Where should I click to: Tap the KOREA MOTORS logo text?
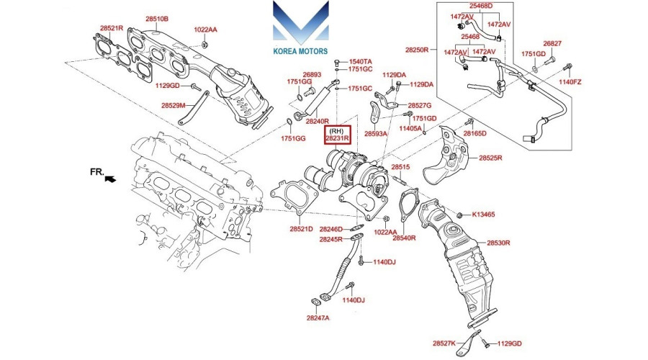300,52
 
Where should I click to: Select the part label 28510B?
157,18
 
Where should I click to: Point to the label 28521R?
112,28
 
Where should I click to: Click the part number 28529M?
173,105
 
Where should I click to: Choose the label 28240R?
317,122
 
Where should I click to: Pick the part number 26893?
311,74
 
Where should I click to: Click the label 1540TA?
361,62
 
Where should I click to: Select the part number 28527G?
420,105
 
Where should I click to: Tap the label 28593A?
376,134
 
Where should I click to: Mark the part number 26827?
552,44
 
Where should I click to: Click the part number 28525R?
490,158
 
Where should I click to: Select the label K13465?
483,215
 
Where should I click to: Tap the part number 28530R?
498,243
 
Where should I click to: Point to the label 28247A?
318,318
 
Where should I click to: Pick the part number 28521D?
301,229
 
